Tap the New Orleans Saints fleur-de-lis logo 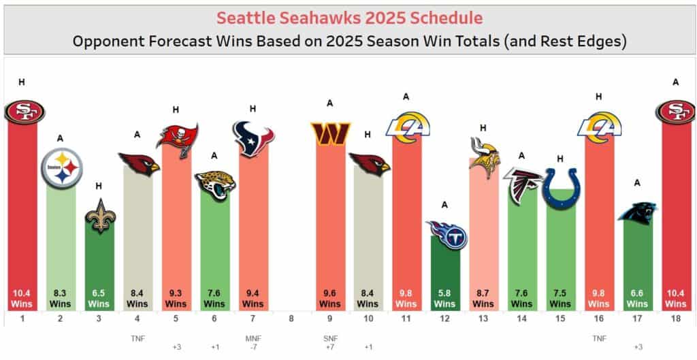pos(99,216)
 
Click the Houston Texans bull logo pos(253,139)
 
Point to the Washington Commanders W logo pos(330,133)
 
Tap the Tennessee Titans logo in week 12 pos(445,234)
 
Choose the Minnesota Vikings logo pos(484,157)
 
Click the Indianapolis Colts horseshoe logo pos(560,188)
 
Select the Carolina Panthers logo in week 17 pos(637,213)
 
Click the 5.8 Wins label pos(445,299)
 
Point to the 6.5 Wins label pos(99,299)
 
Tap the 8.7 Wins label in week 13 pos(484,299)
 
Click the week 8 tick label pos(291,318)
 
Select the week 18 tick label pos(675,318)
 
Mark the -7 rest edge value pos(253,348)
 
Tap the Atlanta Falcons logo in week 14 pos(522,184)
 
